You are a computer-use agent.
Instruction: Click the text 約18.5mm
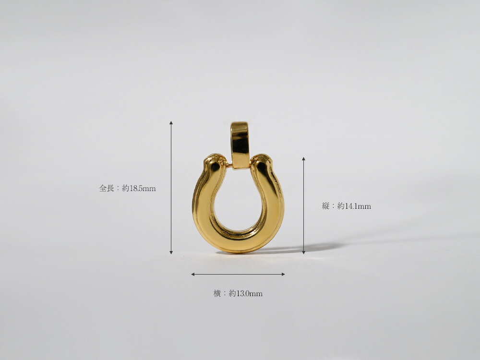(139, 188)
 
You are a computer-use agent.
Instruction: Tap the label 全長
(107, 188)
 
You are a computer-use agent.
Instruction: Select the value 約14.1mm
(354, 206)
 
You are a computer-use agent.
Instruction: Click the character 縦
(326, 206)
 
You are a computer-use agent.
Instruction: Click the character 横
(217, 294)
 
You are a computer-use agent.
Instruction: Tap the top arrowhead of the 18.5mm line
(171, 123)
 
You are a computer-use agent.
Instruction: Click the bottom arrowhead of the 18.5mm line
(171, 252)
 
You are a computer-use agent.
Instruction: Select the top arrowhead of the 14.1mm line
(304, 159)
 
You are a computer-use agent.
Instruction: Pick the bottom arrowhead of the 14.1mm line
(304, 252)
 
